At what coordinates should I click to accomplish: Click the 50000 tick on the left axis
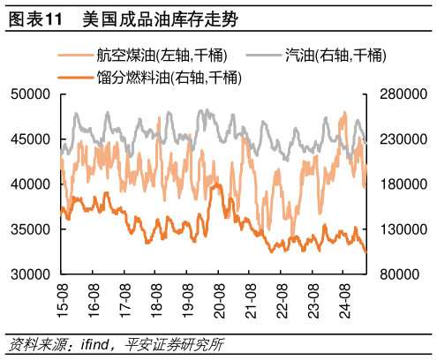32,94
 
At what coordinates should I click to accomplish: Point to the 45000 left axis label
32,139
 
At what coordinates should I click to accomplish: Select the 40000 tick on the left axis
32,184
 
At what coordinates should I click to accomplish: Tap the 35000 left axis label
32,229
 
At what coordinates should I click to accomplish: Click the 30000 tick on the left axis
32,274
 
